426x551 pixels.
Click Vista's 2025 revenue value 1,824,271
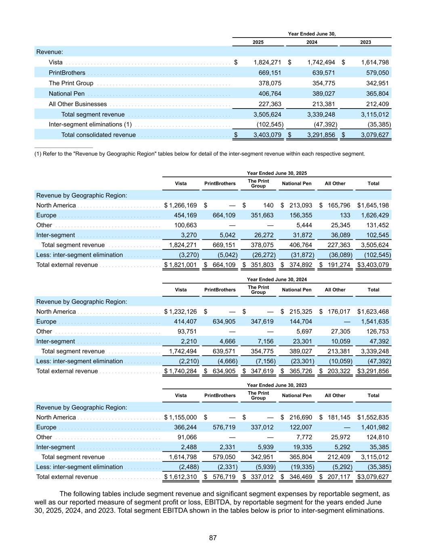267,62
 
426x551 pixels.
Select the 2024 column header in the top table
312,42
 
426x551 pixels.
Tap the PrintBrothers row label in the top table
67,73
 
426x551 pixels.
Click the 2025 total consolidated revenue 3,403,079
267,135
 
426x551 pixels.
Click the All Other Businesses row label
78,104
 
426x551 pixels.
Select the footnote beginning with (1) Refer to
200,154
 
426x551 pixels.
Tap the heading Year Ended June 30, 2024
277,279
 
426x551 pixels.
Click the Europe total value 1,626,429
373,215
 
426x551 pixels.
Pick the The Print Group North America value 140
268,205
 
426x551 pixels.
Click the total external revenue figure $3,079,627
373,477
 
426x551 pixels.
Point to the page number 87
213,538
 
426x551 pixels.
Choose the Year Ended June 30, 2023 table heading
277,385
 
